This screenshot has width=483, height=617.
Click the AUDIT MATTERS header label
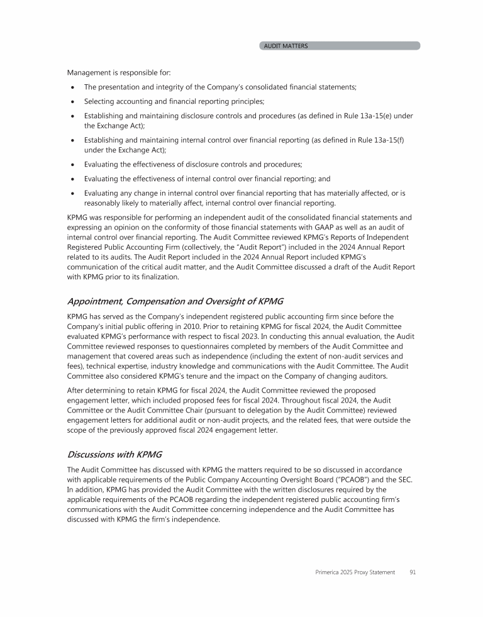pos(286,46)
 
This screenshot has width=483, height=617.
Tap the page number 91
pos(413,572)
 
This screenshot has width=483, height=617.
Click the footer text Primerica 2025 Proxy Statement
pos(355,572)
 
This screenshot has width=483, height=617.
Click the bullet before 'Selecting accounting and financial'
pos(74,102)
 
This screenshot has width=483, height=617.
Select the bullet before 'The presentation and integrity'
pos(74,87)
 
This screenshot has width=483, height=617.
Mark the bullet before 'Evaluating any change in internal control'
pos(74,194)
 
